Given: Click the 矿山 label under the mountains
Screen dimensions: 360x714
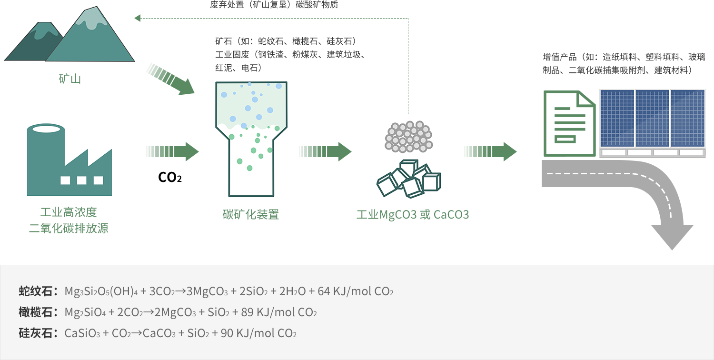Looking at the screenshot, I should [x=69, y=79].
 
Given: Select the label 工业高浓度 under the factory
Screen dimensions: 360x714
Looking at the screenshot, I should [x=69, y=212].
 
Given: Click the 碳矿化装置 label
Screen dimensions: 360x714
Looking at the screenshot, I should [x=250, y=214].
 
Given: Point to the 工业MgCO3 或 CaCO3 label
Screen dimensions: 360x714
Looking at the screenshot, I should [x=413, y=215].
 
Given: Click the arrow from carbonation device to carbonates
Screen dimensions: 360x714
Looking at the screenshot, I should [x=326, y=151].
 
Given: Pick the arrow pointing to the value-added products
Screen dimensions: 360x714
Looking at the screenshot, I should [x=490, y=151].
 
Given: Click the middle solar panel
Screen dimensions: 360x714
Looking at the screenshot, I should [x=652, y=119].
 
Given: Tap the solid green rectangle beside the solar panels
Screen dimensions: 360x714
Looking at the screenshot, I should [x=569, y=123].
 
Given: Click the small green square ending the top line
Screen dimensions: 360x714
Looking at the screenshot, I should [x=138, y=19].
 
